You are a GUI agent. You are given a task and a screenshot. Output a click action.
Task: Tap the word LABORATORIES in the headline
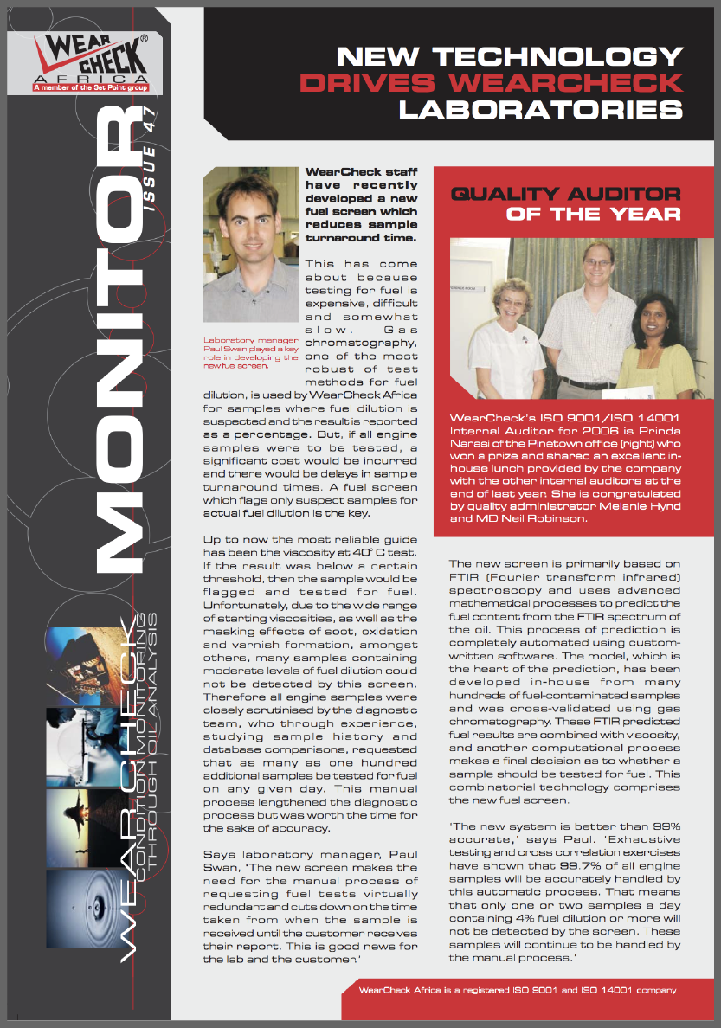[x=540, y=110]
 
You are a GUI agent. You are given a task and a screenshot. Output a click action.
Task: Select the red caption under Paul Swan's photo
[x=251, y=356]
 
